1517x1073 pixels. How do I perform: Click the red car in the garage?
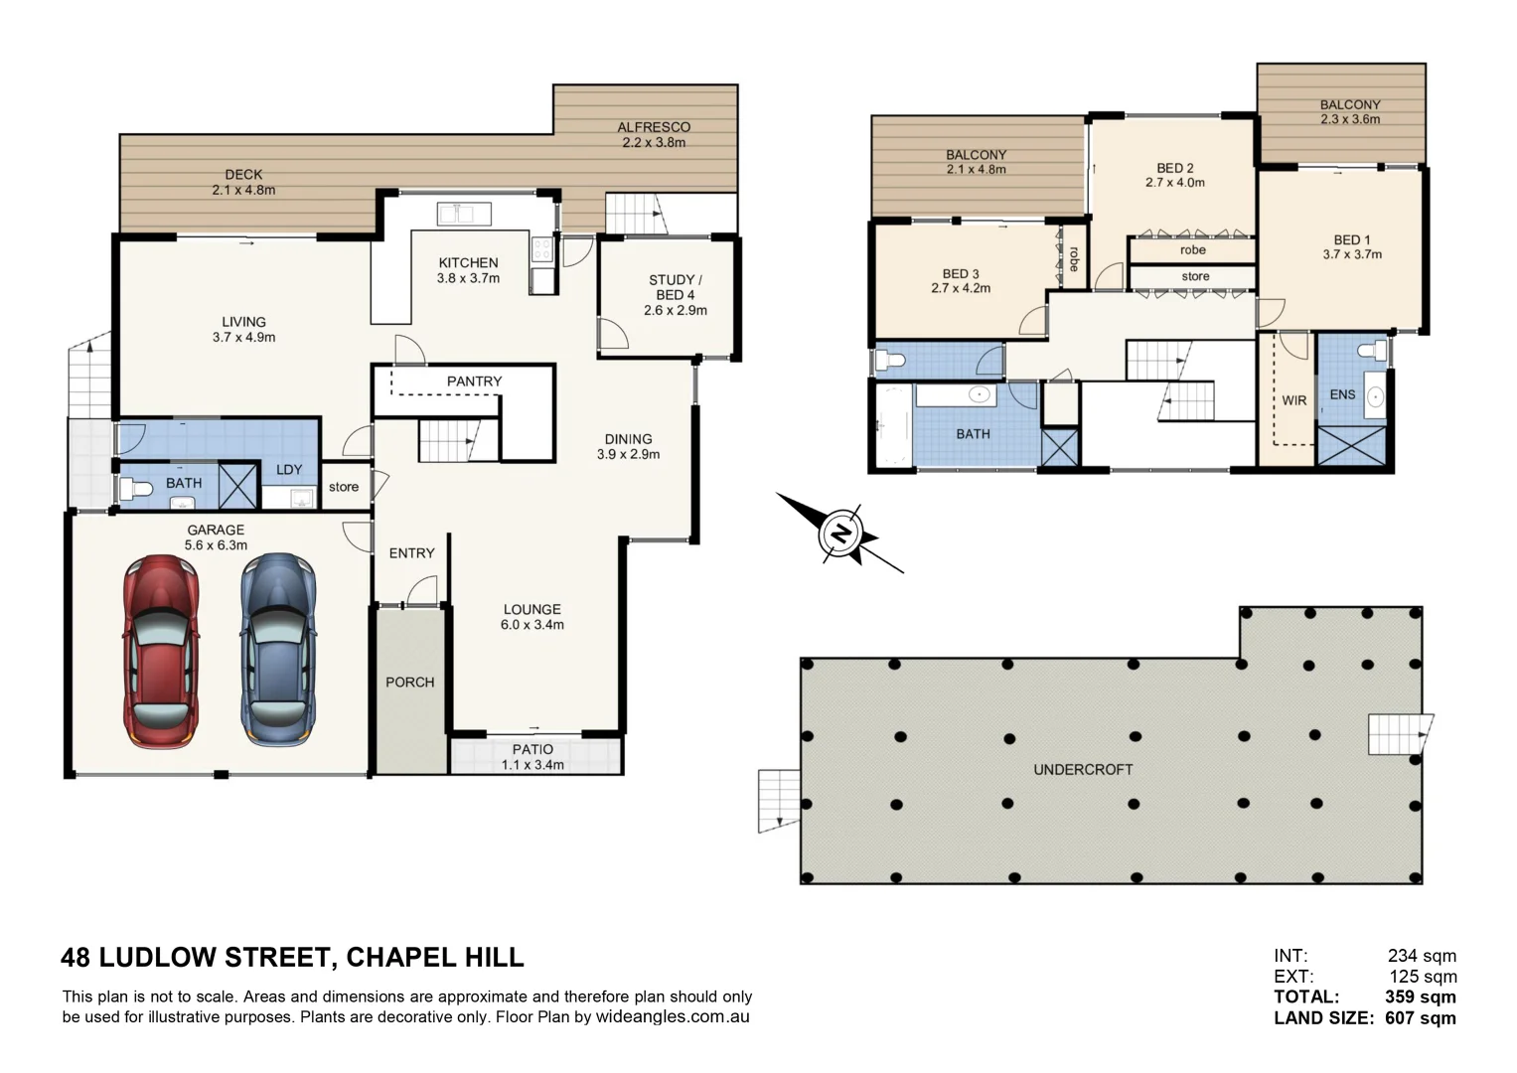coord(161,651)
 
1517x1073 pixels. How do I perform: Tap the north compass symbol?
coord(841,534)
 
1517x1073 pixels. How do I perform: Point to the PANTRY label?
coord(474,382)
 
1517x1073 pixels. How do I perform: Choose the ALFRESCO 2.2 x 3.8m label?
coord(653,134)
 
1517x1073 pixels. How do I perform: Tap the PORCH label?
coord(409,683)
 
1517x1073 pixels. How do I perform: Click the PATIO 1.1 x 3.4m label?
coord(532,757)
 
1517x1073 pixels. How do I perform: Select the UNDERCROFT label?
coord(1083,770)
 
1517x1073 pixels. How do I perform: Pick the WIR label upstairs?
coord(1293,400)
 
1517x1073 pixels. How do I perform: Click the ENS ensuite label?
coord(1342,394)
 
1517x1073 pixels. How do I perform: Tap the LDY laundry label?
coord(289,470)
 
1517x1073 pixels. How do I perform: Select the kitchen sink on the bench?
coord(463,214)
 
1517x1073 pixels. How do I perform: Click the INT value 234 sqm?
coord(1422,956)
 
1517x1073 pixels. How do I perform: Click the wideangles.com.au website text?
coord(672,1016)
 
